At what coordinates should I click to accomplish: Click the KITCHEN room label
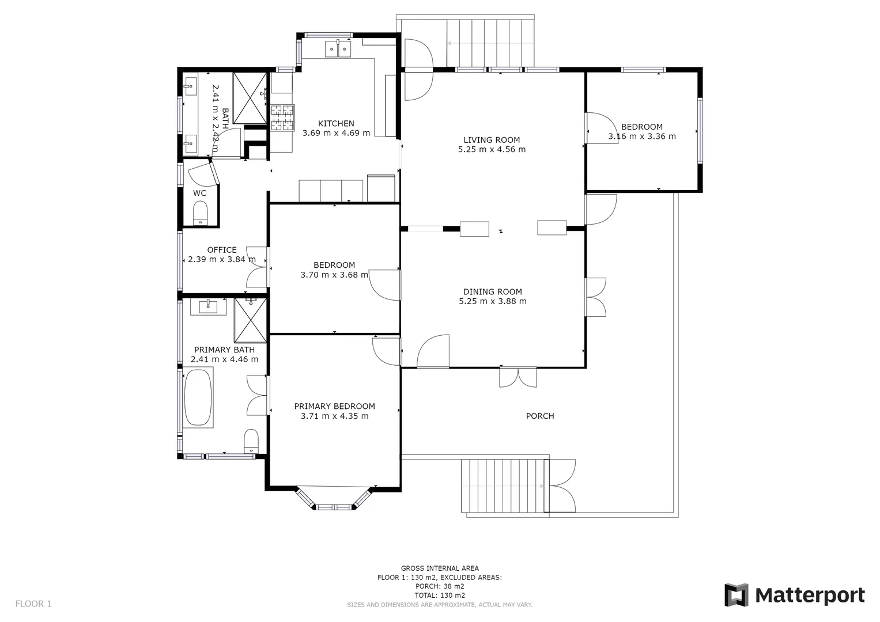pos(336,123)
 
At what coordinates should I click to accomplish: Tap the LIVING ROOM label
pos(492,139)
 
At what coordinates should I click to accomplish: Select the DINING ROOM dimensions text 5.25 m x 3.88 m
pos(492,301)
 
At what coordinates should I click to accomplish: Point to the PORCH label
pos(540,416)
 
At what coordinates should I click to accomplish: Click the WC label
pos(199,193)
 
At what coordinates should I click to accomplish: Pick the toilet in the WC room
pos(200,213)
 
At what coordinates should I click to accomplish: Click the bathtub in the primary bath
pos(198,397)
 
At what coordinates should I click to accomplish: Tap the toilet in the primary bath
pos(251,441)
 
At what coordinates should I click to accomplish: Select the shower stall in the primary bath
pos(250,320)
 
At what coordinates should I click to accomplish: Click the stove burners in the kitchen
pos(282,117)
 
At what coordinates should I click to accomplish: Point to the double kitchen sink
pos(338,49)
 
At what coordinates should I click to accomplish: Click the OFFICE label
pos(222,250)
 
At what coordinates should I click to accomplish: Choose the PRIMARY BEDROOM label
pos(334,406)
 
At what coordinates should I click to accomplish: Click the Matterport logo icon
pos(736,595)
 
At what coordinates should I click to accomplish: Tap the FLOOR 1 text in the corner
pos(33,604)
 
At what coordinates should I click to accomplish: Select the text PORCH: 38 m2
pos(440,586)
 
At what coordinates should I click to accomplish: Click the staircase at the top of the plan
pos(491,43)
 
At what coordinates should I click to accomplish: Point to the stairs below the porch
pos(503,486)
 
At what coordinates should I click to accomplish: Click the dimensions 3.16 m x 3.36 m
pos(641,136)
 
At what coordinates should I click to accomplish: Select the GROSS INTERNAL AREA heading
pos(440,568)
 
